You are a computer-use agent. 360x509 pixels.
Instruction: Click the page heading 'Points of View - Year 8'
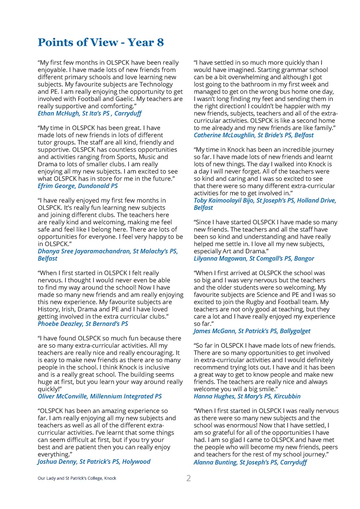pos(101,43)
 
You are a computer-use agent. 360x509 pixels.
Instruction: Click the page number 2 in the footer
pos(188,478)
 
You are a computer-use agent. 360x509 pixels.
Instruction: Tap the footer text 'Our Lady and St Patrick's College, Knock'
pos(77,478)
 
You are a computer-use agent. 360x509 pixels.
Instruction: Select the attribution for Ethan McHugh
pos(89,113)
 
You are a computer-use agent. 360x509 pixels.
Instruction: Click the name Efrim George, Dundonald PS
pos(78,186)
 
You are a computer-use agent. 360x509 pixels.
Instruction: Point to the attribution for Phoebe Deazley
pos(83,324)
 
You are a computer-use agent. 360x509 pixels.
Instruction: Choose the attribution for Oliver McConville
pos(100,396)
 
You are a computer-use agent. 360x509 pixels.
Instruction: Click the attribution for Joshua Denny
pos(94,462)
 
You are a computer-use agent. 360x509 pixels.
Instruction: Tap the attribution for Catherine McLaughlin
pos(253,135)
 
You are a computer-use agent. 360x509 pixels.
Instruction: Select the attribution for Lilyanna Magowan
pos(254,259)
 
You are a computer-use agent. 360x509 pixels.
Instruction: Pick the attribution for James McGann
pos(252,331)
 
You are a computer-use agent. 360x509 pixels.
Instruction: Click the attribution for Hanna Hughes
pos(247,396)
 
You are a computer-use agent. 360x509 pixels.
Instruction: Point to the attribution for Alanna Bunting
pos(250,462)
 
